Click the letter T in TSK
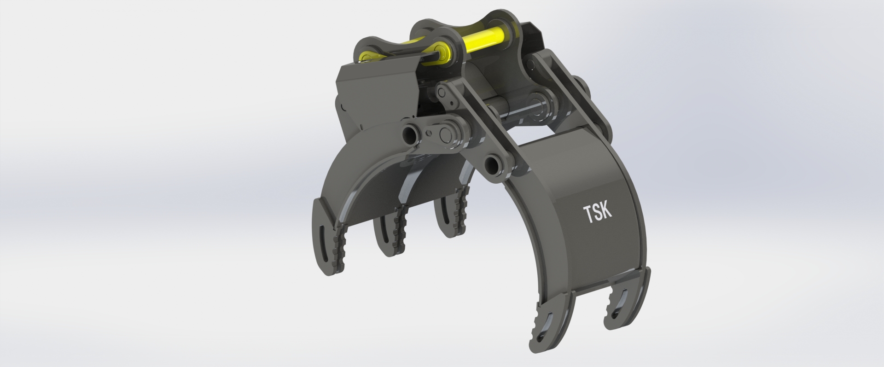tap(589, 215)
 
